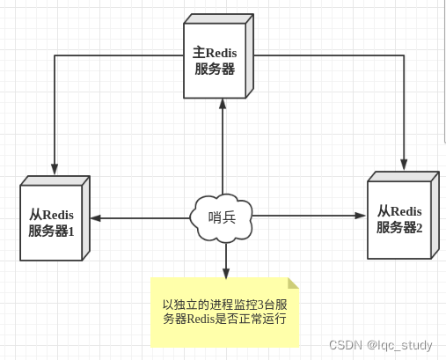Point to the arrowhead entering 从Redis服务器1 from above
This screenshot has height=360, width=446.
coord(55,169)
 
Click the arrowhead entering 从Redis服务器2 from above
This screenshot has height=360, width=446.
coord(405,164)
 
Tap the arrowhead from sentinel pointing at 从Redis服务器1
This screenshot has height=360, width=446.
coord(93,217)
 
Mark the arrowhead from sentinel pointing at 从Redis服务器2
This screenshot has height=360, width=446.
coord(361,215)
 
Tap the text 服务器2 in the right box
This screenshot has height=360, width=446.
coord(399,227)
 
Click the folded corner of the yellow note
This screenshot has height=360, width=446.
coord(294,283)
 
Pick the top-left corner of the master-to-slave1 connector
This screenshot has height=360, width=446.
coord(55,55)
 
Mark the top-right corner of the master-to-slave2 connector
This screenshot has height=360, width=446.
coord(405,55)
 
